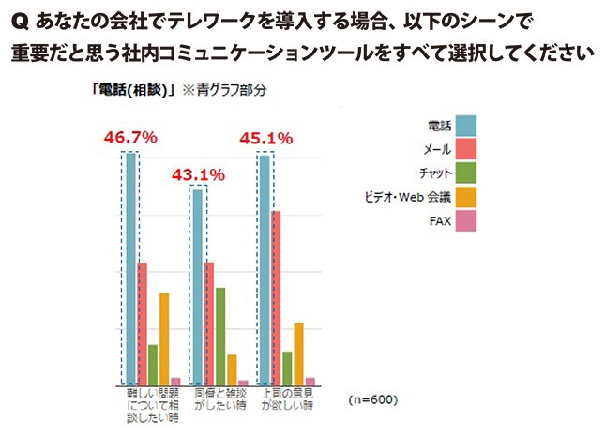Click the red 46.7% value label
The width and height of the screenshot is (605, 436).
coord(130,138)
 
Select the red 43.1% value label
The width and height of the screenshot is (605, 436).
coord(198,174)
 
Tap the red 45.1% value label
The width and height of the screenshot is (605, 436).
coord(265,138)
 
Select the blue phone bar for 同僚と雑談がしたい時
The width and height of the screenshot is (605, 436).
coord(198,286)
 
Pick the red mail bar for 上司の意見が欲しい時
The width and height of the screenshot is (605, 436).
coord(276,297)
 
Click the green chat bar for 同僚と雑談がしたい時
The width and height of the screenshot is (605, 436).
coord(220,336)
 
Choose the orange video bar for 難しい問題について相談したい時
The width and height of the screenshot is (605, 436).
coord(164,338)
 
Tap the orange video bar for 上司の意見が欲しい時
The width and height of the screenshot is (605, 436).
coord(298,353)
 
